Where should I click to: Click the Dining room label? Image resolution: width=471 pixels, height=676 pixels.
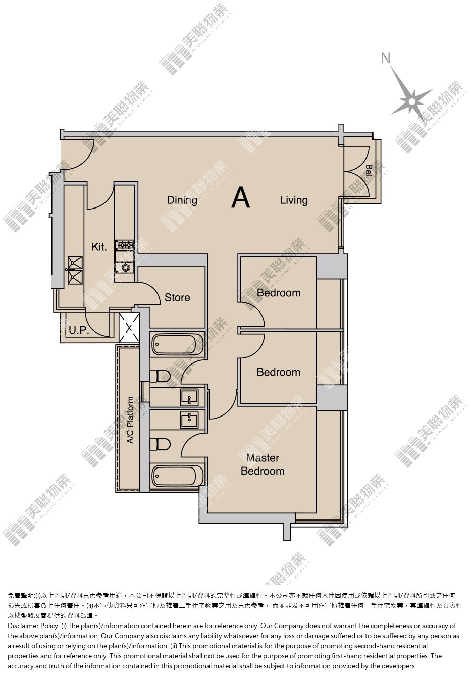coord(182,200)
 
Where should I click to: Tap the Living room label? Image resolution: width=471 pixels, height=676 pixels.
coord(294,200)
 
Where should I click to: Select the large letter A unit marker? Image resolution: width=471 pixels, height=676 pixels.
coord(240,198)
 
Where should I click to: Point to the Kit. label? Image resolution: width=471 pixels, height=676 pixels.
coord(99,247)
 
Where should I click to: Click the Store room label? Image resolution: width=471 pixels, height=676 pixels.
coord(177,297)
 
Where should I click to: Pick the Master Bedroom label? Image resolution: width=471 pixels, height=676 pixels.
coord(263,464)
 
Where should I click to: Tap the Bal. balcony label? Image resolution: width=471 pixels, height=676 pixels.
coord(369,171)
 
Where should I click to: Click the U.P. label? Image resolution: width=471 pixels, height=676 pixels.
coord(79,331)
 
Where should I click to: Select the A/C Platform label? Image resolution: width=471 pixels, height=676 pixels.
coord(130,420)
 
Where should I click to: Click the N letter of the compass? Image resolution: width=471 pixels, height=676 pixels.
coord(386,58)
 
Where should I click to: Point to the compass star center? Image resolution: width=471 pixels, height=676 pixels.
coord(412,101)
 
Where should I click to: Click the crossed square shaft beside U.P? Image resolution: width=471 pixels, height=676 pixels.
coord(129,328)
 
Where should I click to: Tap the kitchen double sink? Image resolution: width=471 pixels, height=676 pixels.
coord(75,270)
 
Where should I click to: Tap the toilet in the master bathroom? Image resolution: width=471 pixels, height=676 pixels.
coord(160,444)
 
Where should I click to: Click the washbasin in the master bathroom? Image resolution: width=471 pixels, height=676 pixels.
coord(189,420)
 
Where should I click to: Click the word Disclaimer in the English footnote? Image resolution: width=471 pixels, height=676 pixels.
coord(22,626)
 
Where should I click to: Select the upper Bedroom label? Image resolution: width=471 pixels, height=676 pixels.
coord(279,293)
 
